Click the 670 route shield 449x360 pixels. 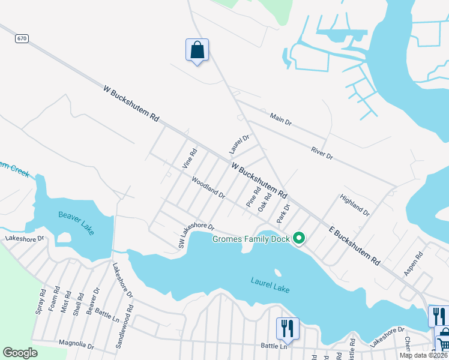tap(22, 38)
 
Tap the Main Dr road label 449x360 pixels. tap(280, 119)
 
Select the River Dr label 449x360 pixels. tap(322, 153)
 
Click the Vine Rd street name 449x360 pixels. tap(190, 158)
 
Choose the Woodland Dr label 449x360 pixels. tap(208, 188)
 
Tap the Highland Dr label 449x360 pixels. tap(355, 205)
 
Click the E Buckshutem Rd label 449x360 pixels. tap(355, 245)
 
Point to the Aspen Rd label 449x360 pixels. tap(414, 263)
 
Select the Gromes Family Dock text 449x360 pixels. tap(252, 239)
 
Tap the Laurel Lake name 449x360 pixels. tap(270, 285)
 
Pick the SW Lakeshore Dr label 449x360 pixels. tap(196, 236)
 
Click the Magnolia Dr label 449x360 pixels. tap(76, 344)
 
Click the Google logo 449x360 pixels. tap(20, 353)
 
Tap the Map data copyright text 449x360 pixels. tap(423, 355)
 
